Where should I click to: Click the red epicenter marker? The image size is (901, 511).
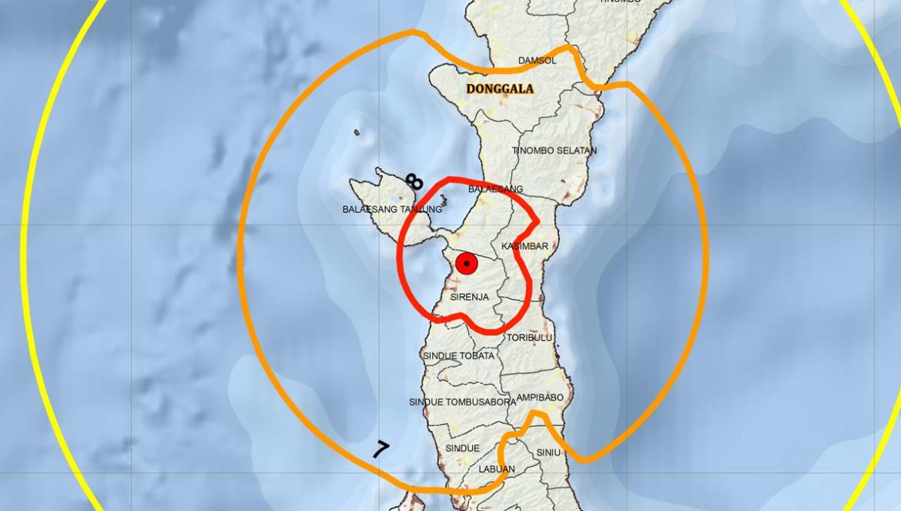click(x=467, y=264)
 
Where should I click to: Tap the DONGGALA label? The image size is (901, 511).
click(x=500, y=89)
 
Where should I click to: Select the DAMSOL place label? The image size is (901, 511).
click(x=537, y=60)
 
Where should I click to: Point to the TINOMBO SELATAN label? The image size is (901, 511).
click(x=554, y=150)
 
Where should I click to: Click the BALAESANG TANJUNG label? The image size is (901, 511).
click(x=393, y=210)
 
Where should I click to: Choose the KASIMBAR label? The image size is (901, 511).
click(x=524, y=246)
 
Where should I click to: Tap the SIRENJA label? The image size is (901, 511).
click(x=470, y=297)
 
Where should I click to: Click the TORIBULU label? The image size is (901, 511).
click(x=530, y=338)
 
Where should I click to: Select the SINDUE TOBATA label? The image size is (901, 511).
click(x=459, y=356)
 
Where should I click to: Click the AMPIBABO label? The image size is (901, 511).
click(x=540, y=398)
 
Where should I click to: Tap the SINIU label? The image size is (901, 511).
click(x=548, y=452)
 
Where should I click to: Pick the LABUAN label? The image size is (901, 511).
click(x=496, y=469)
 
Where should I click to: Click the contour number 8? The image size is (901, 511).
click(x=414, y=182)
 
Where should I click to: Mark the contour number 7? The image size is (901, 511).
click(x=380, y=449)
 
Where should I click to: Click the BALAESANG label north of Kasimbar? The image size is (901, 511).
click(x=496, y=189)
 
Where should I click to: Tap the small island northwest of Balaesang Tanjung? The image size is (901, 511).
click(x=357, y=133)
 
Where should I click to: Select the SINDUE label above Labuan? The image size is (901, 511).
click(x=462, y=449)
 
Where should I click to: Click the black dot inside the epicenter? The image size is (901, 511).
click(x=467, y=264)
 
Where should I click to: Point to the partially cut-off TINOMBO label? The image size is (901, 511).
click(x=621, y=2)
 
